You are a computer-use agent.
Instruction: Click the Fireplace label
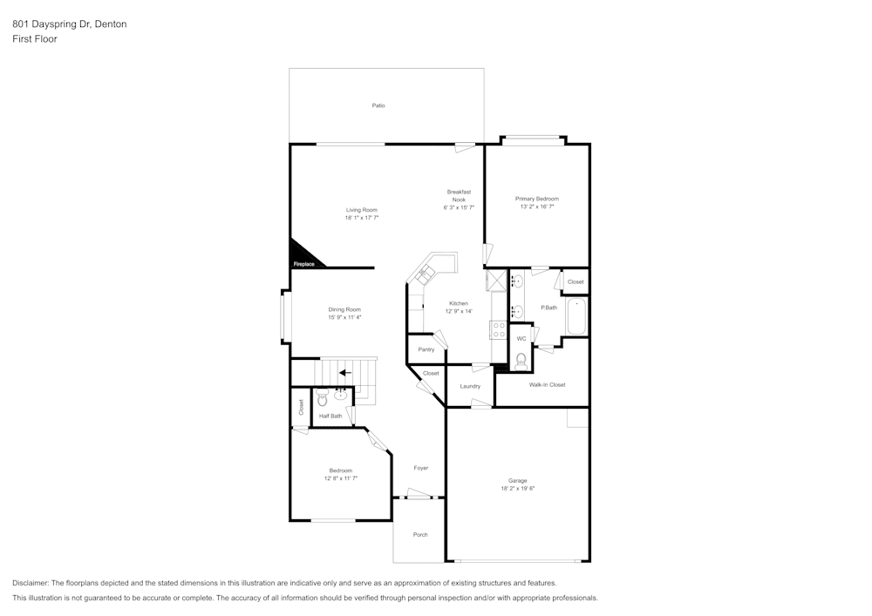pyautogui.click(x=303, y=264)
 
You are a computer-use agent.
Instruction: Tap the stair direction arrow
pyautogui.click(x=345, y=373)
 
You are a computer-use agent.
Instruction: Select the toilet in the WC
pyautogui.click(x=521, y=362)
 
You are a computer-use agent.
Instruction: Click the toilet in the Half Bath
pyautogui.click(x=323, y=397)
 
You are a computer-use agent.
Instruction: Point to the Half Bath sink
pyautogui.click(x=341, y=396)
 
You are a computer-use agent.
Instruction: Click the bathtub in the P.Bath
pyautogui.click(x=576, y=316)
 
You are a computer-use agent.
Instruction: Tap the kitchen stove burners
pyautogui.click(x=498, y=330)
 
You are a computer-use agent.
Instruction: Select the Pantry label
pyautogui.click(x=426, y=349)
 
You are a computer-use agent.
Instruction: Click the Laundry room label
pyautogui.click(x=470, y=386)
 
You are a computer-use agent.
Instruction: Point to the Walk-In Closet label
pyautogui.click(x=548, y=384)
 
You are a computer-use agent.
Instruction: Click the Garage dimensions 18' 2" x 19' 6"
pyautogui.click(x=517, y=488)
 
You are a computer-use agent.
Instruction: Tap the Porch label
pyautogui.click(x=420, y=534)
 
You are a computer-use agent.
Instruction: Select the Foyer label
pyautogui.click(x=421, y=468)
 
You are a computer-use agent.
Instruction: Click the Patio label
pyautogui.click(x=378, y=105)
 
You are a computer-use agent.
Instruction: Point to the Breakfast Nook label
pyautogui.click(x=459, y=195)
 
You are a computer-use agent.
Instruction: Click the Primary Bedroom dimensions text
pyautogui.click(x=536, y=206)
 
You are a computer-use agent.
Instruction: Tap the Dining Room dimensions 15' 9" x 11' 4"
pyautogui.click(x=344, y=317)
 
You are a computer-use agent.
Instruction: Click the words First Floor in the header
pyautogui.click(x=35, y=39)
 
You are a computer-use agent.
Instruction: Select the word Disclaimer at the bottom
pyautogui.click(x=31, y=583)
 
